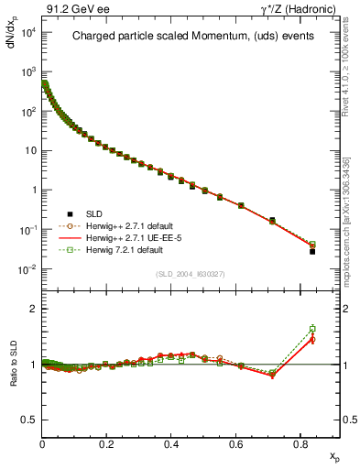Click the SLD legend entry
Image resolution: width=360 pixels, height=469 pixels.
pyautogui.click(x=88, y=213)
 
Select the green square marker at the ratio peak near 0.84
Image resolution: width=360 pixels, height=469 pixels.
pyautogui.click(x=312, y=328)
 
